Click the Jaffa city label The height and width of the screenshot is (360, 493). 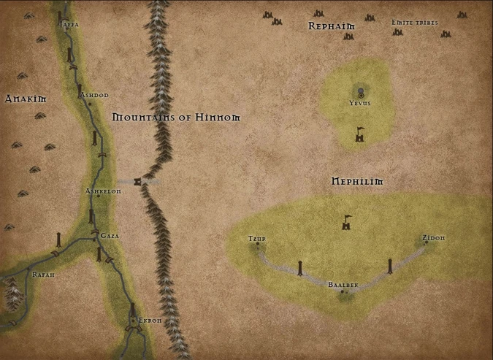click(x=69, y=24)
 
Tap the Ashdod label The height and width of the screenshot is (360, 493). click(x=93, y=95)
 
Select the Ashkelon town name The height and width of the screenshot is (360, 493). click(x=103, y=191)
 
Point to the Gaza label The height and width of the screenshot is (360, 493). click(x=110, y=236)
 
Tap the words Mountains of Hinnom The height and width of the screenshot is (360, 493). click(x=176, y=117)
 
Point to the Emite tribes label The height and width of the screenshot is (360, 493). click(x=414, y=23)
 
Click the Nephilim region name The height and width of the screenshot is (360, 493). click(x=357, y=180)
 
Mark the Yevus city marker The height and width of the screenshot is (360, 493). click(x=360, y=92)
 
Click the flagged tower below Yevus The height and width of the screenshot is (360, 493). click(x=359, y=135)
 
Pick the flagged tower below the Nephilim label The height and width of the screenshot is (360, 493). click(x=347, y=223)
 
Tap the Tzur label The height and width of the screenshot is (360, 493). click(x=256, y=239)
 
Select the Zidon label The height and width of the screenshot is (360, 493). click(x=433, y=238)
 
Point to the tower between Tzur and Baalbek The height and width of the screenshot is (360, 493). click(x=300, y=268)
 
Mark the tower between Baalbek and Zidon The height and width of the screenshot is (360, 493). click(x=390, y=267)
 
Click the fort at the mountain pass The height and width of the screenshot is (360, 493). click(x=137, y=181)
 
